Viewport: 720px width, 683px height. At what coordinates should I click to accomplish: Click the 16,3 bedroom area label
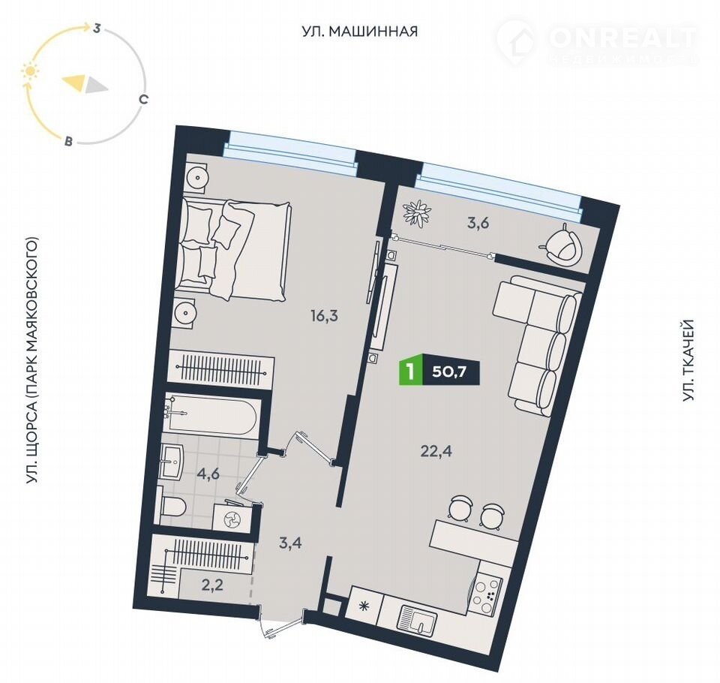(x=324, y=316)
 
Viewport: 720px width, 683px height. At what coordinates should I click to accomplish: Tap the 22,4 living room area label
(x=436, y=451)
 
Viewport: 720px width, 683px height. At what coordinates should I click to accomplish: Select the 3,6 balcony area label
(x=477, y=224)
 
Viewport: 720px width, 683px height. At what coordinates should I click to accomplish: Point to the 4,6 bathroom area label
(x=207, y=474)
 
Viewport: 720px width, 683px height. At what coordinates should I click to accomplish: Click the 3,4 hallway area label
(x=291, y=543)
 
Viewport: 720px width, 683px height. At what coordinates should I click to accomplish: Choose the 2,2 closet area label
(x=212, y=585)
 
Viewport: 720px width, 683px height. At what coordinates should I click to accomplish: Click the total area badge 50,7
(x=449, y=372)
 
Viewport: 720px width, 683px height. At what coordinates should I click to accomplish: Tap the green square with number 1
(x=411, y=372)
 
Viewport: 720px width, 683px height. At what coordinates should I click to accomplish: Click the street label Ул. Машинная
(x=360, y=32)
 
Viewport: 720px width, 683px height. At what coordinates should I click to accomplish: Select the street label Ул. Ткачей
(x=688, y=361)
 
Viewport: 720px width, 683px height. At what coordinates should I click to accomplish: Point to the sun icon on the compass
(x=30, y=72)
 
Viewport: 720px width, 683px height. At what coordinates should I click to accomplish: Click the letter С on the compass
(x=144, y=99)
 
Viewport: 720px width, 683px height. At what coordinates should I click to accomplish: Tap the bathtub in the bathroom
(x=211, y=414)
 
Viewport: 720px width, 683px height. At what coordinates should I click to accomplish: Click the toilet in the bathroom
(x=173, y=507)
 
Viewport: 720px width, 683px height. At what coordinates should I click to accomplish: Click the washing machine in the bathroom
(x=232, y=519)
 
